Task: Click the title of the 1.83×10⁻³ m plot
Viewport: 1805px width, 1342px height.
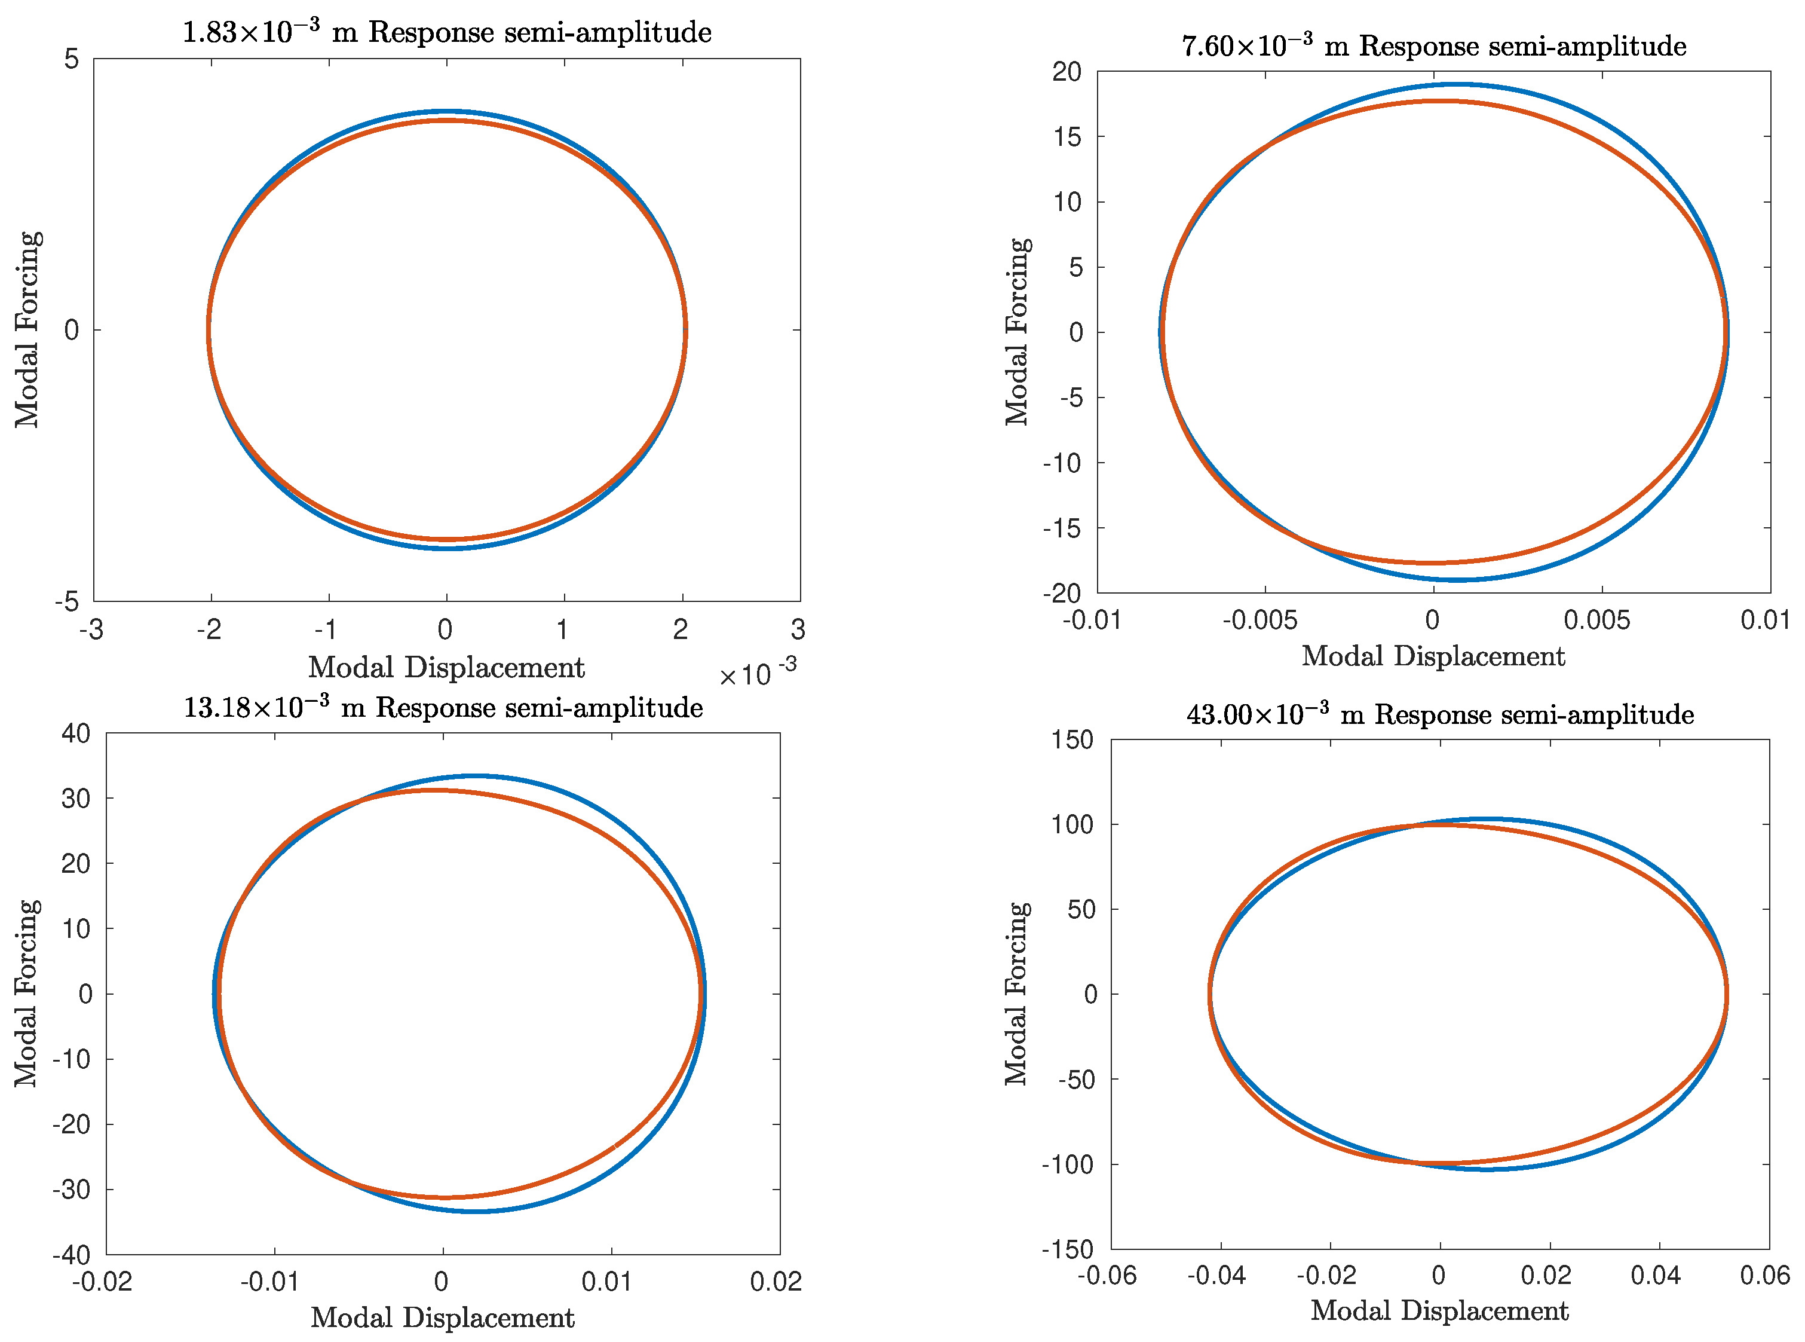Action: click(446, 32)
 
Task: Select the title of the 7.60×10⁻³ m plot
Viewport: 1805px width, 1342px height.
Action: click(1433, 46)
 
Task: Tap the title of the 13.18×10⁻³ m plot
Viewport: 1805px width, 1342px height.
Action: click(443, 708)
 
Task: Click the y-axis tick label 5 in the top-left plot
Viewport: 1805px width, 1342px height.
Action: click(72, 59)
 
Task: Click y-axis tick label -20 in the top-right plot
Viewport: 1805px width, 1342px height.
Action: click(1062, 594)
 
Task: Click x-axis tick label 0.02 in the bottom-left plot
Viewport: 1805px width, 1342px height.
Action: click(776, 1282)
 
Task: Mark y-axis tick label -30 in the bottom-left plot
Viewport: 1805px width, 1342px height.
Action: click(72, 1190)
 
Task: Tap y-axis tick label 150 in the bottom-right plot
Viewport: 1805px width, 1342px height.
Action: click(1072, 740)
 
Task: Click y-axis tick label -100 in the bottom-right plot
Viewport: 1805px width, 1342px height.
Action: click(1067, 1165)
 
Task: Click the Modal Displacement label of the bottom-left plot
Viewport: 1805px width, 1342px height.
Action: click(443, 1317)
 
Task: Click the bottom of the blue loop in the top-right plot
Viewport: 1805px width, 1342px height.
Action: click(1458, 579)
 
